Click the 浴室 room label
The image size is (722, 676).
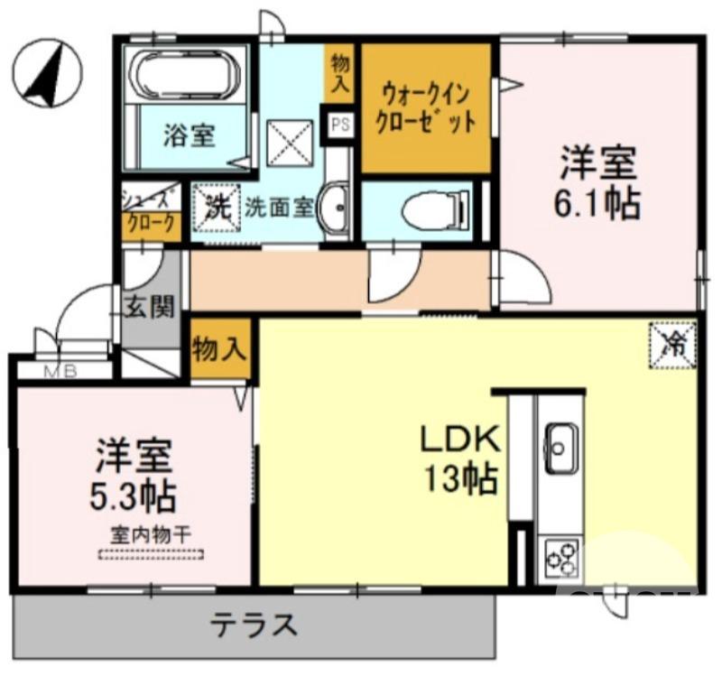(x=189, y=136)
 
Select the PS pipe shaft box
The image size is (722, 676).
(x=341, y=124)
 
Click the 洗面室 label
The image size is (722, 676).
(x=279, y=207)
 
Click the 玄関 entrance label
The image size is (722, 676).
(x=150, y=308)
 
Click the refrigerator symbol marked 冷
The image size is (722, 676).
(x=673, y=345)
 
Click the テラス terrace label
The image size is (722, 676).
(x=254, y=625)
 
